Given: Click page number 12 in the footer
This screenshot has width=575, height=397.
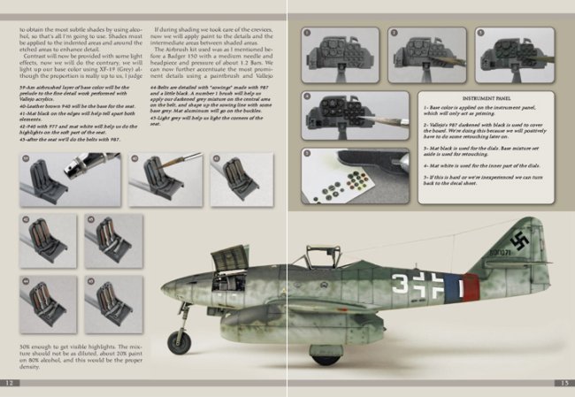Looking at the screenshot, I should pos(10,383).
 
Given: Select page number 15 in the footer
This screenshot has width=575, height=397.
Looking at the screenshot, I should pos(563,383).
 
